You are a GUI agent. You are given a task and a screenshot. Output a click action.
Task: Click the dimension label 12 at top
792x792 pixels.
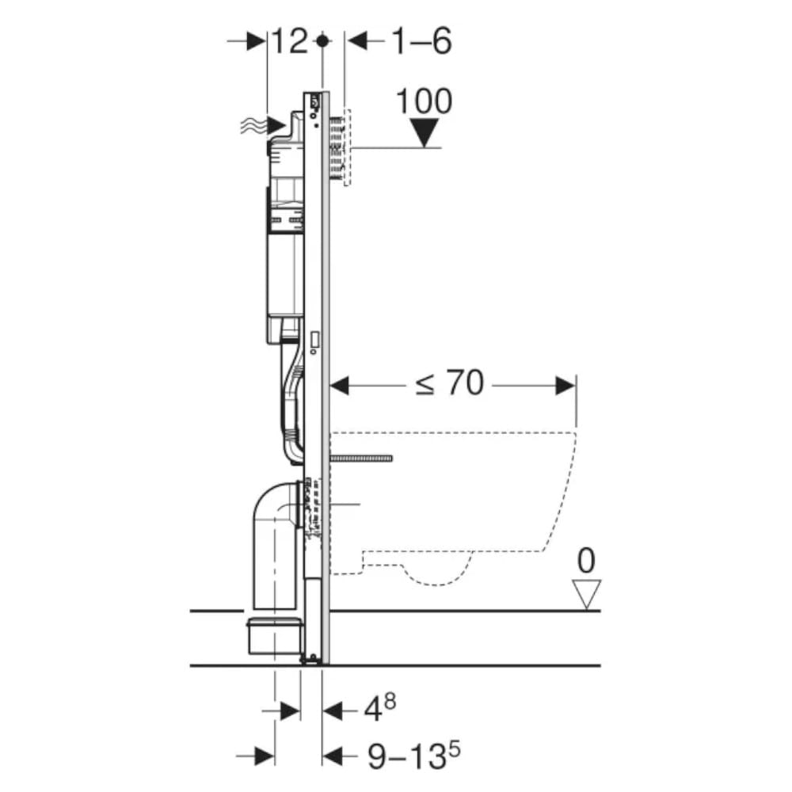[290, 41]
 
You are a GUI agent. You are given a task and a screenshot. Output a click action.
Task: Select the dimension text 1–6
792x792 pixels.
[421, 41]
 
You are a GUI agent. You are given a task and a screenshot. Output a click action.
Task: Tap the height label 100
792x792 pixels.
[424, 101]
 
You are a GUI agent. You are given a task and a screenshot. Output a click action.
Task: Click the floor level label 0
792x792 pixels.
[586, 560]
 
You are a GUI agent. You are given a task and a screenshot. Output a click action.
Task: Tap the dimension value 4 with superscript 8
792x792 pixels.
[380, 707]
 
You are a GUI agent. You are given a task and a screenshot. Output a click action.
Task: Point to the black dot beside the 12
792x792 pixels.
[323, 41]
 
